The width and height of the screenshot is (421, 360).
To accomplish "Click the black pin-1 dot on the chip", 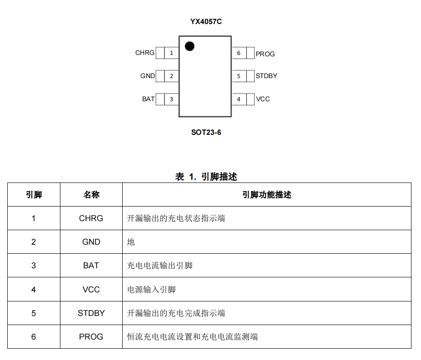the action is tap(189, 46).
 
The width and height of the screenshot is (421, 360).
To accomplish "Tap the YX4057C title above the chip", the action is tap(206, 22).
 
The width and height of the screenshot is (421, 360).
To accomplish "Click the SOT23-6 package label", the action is tap(206, 133).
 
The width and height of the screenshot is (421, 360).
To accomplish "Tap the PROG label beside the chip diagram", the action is tap(265, 54).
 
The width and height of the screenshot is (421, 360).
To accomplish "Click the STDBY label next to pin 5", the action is tap(266, 76).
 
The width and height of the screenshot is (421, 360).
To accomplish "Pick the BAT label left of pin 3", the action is tap(148, 99).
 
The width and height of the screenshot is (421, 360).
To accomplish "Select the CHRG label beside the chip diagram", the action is tap(145, 53).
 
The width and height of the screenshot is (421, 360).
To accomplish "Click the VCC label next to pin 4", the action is tap(263, 99).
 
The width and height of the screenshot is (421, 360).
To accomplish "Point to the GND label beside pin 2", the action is tap(148, 76).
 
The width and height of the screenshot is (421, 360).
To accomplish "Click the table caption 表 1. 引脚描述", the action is tap(206, 177).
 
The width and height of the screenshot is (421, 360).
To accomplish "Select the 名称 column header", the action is tap(91, 195).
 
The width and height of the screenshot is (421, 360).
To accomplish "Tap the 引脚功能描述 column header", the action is tap(267, 195).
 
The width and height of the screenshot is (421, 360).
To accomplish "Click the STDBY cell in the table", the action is tap(91, 313).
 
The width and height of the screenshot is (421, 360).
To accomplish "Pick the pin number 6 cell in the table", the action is tap(34, 337).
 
